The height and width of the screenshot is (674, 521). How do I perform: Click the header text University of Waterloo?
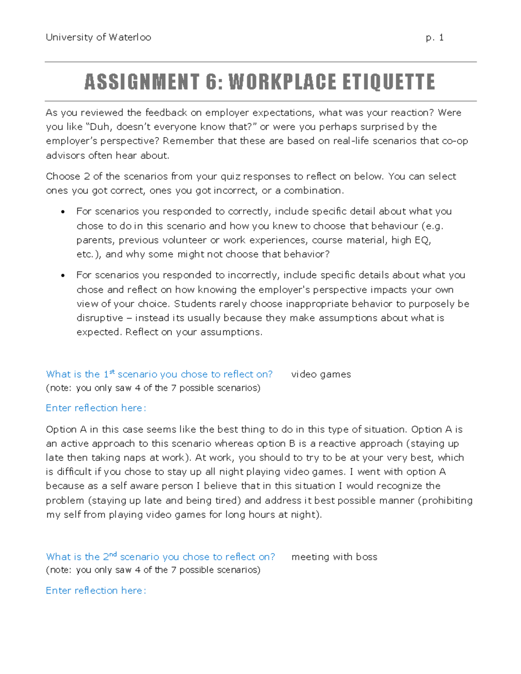99,37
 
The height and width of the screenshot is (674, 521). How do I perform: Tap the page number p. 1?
435,37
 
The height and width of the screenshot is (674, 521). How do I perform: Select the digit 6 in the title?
211,82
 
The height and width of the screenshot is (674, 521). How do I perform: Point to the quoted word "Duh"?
100,127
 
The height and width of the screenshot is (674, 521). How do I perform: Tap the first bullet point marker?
63,212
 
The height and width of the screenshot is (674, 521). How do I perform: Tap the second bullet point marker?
63,276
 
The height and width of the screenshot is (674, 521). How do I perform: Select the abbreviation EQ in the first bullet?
422,240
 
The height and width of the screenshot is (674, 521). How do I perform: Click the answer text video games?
321,374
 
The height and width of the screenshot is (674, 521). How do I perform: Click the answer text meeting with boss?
334,557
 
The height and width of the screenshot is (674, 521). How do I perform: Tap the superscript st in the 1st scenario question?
112,372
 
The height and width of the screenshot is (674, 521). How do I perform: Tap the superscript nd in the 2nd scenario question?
113,554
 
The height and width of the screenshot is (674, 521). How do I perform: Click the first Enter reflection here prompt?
96,408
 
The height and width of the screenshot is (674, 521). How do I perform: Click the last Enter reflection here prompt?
96,591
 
